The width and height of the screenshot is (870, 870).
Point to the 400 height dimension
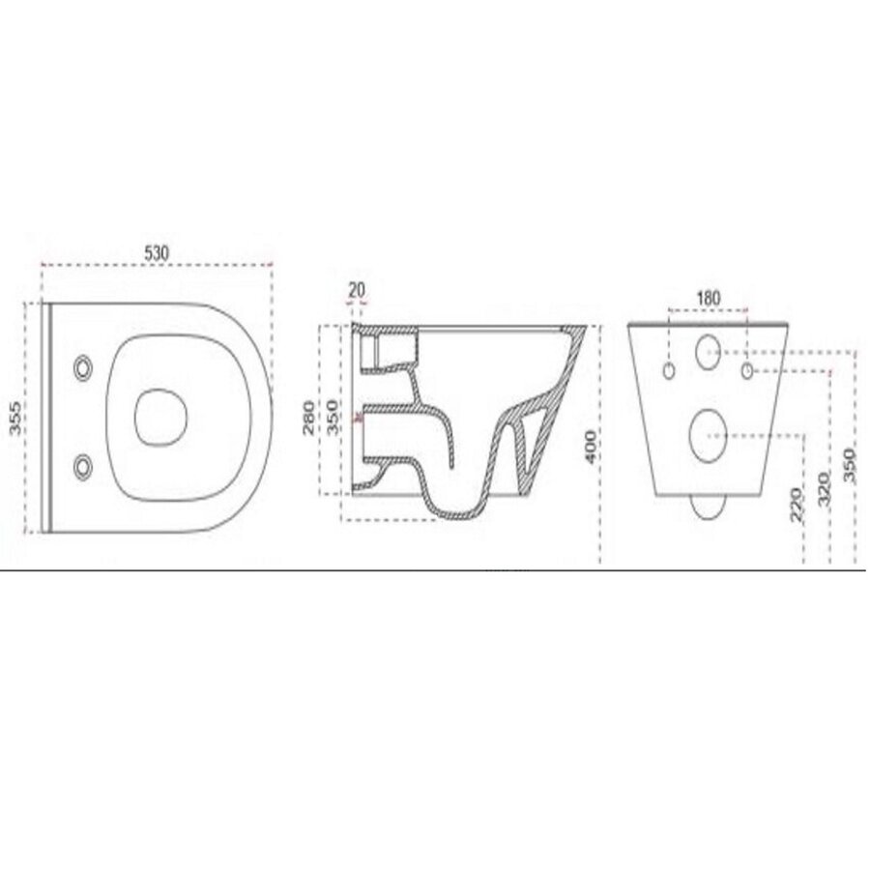(x=590, y=446)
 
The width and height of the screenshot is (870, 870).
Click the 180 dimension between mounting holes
(x=709, y=298)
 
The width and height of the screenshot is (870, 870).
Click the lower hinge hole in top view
(x=84, y=466)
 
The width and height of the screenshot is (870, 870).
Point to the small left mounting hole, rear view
(x=669, y=370)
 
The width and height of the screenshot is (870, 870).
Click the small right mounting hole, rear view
(x=747, y=370)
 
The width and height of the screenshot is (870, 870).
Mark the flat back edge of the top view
(x=45, y=417)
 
